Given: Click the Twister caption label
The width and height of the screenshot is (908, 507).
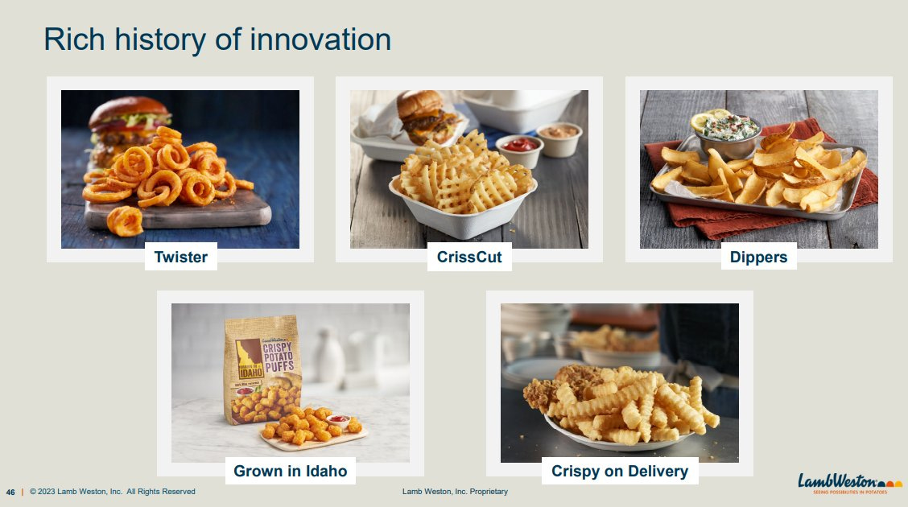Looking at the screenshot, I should [x=180, y=258].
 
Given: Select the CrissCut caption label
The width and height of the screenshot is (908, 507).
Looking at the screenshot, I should [x=469, y=258].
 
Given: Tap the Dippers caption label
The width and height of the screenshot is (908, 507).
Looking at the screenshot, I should [x=757, y=258].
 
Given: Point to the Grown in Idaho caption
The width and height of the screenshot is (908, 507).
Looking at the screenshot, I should [x=290, y=471].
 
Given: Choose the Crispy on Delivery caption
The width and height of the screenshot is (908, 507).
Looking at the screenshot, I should [x=619, y=471].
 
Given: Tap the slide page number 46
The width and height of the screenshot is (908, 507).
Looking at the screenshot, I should [x=10, y=492].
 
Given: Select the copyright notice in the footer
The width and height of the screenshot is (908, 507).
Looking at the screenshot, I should [x=113, y=492].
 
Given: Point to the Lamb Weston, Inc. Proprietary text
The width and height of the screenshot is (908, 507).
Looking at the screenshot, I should [x=455, y=492].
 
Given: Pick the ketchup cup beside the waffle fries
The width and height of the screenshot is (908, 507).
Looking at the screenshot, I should [x=518, y=149].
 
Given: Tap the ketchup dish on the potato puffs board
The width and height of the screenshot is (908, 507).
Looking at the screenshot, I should [x=339, y=420].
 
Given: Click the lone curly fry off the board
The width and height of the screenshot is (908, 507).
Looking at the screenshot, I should [x=125, y=220].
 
